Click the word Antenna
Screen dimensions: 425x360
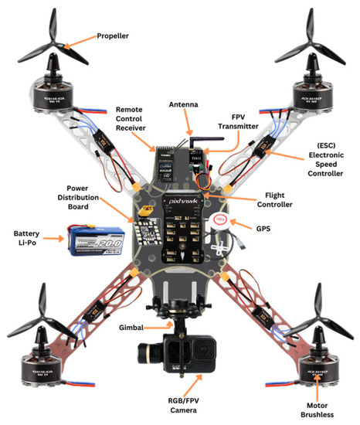coord(185,104)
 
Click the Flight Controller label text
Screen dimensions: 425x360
coord(280,199)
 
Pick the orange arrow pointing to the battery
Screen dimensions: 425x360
coord(54,240)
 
